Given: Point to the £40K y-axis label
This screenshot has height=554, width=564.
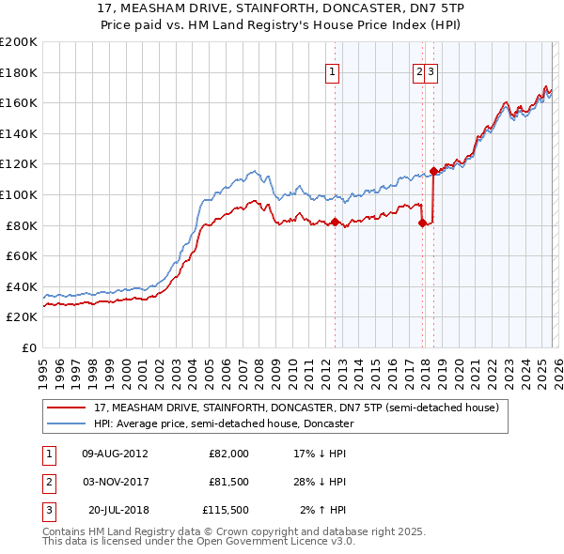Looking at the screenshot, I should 22,286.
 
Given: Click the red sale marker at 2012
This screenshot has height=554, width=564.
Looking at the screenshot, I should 335,222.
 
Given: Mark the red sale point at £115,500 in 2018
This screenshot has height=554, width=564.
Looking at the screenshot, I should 433,170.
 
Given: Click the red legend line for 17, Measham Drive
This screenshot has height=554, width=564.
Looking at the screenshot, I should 68,408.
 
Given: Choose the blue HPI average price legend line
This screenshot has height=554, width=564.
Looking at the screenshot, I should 68,423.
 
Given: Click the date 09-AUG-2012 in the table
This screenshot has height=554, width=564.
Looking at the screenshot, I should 115,453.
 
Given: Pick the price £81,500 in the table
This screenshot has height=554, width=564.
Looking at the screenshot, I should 229,482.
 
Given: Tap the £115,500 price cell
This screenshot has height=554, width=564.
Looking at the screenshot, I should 226,511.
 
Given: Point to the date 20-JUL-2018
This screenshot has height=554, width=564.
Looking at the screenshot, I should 118,511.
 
